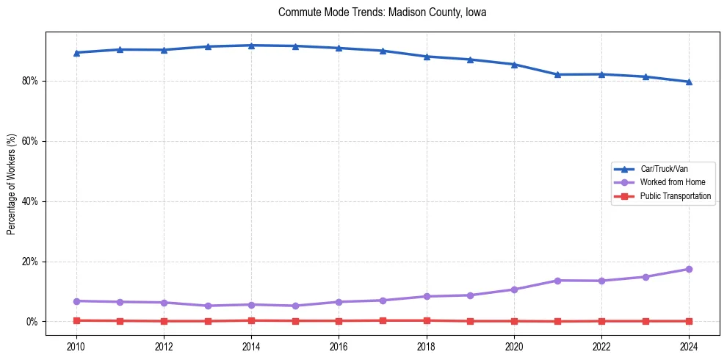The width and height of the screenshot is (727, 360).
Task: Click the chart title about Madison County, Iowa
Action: (x=382, y=12)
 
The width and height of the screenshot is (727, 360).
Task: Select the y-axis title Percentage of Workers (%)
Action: (x=11, y=184)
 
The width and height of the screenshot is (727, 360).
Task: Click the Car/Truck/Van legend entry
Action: (x=663, y=169)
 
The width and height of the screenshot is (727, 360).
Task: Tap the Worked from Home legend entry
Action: (x=668, y=182)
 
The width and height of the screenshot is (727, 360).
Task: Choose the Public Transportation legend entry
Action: (x=675, y=196)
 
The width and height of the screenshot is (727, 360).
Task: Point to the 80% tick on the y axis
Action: (x=31, y=81)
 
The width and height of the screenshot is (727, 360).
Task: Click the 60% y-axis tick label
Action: (x=31, y=141)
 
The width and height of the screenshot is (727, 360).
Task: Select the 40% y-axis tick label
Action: (x=31, y=201)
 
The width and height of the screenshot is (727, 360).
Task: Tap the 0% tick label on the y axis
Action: (x=33, y=322)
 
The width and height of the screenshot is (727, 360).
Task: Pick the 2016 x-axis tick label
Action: (x=339, y=346)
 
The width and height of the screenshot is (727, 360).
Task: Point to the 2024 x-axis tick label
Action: (x=689, y=346)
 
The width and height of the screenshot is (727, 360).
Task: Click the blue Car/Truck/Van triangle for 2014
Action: (x=251, y=46)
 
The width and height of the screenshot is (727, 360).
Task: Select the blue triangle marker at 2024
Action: (x=689, y=82)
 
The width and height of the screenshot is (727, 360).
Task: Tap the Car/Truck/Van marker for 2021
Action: (x=557, y=74)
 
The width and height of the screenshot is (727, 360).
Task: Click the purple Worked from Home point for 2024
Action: (x=689, y=269)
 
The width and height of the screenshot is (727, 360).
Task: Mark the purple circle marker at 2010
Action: (x=76, y=301)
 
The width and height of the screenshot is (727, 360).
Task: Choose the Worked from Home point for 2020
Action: (x=514, y=289)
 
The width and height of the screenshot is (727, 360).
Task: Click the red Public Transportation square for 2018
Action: (x=427, y=320)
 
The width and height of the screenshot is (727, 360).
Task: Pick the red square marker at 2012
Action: (x=164, y=321)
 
